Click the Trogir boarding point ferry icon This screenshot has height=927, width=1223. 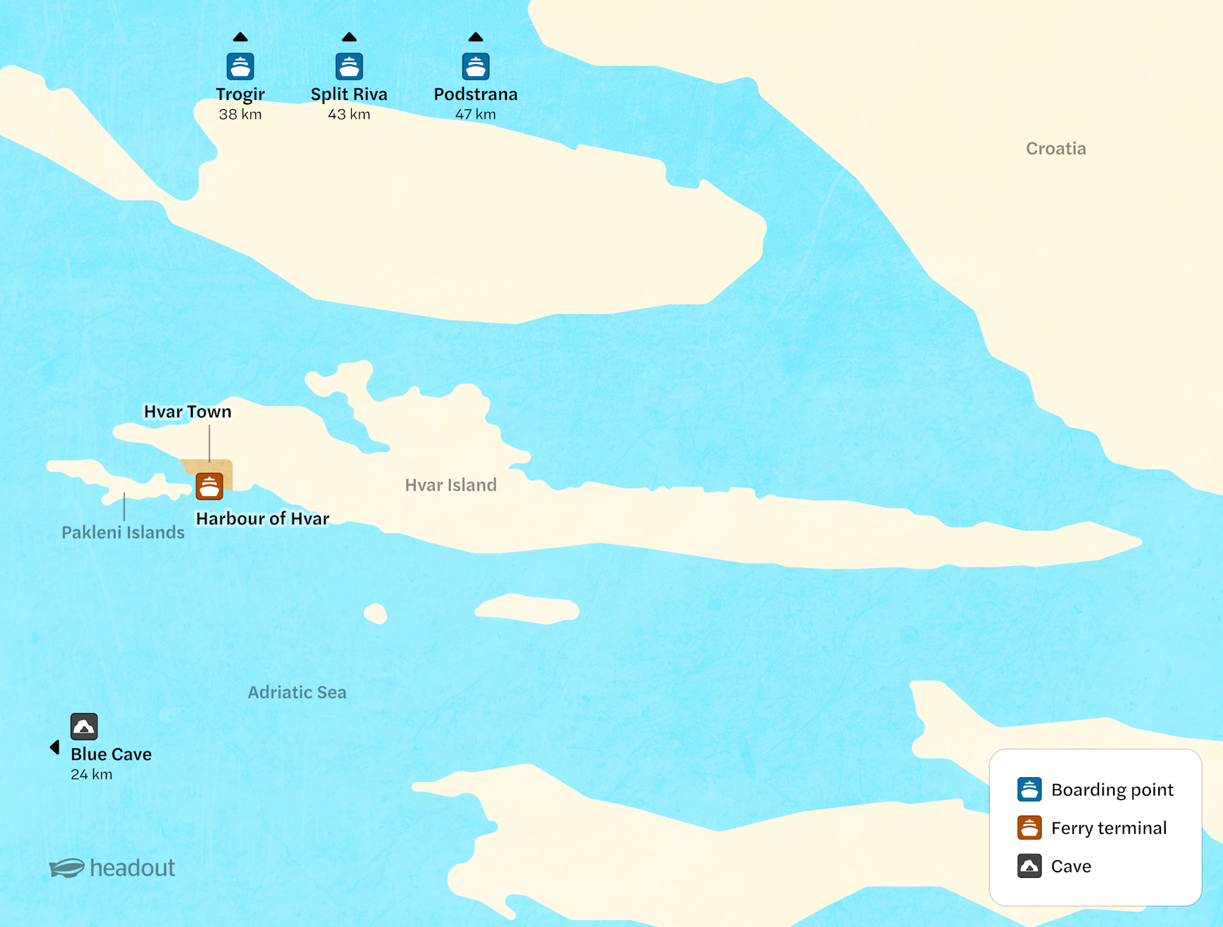(x=240, y=67)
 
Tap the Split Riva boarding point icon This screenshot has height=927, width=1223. (x=349, y=67)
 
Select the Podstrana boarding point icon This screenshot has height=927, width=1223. (x=475, y=67)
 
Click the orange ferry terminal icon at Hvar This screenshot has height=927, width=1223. (x=209, y=486)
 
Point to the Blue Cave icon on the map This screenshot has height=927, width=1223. (x=84, y=727)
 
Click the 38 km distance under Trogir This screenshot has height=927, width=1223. (x=240, y=115)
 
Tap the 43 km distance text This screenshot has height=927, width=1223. (x=349, y=115)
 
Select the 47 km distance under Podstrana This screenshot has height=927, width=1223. (x=475, y=115)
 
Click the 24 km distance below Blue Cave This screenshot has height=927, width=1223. (x=92, y=775)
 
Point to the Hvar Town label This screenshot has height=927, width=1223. (x=187, y=412)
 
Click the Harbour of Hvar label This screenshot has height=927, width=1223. (x=262, y=518)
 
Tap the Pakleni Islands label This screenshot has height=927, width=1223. (x=123, y=532)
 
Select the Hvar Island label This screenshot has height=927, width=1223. (x=450, y=484)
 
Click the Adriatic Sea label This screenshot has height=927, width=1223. (x=297, y=692)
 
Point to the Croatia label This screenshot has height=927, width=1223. (x=1056, y=148)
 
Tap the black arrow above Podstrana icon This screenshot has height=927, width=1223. (x=475, y=37)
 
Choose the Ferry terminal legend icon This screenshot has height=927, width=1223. (x=1029, y=828)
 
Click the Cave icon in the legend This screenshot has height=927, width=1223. (x=1029, y=866)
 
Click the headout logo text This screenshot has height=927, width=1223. (x=132, y=868)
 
